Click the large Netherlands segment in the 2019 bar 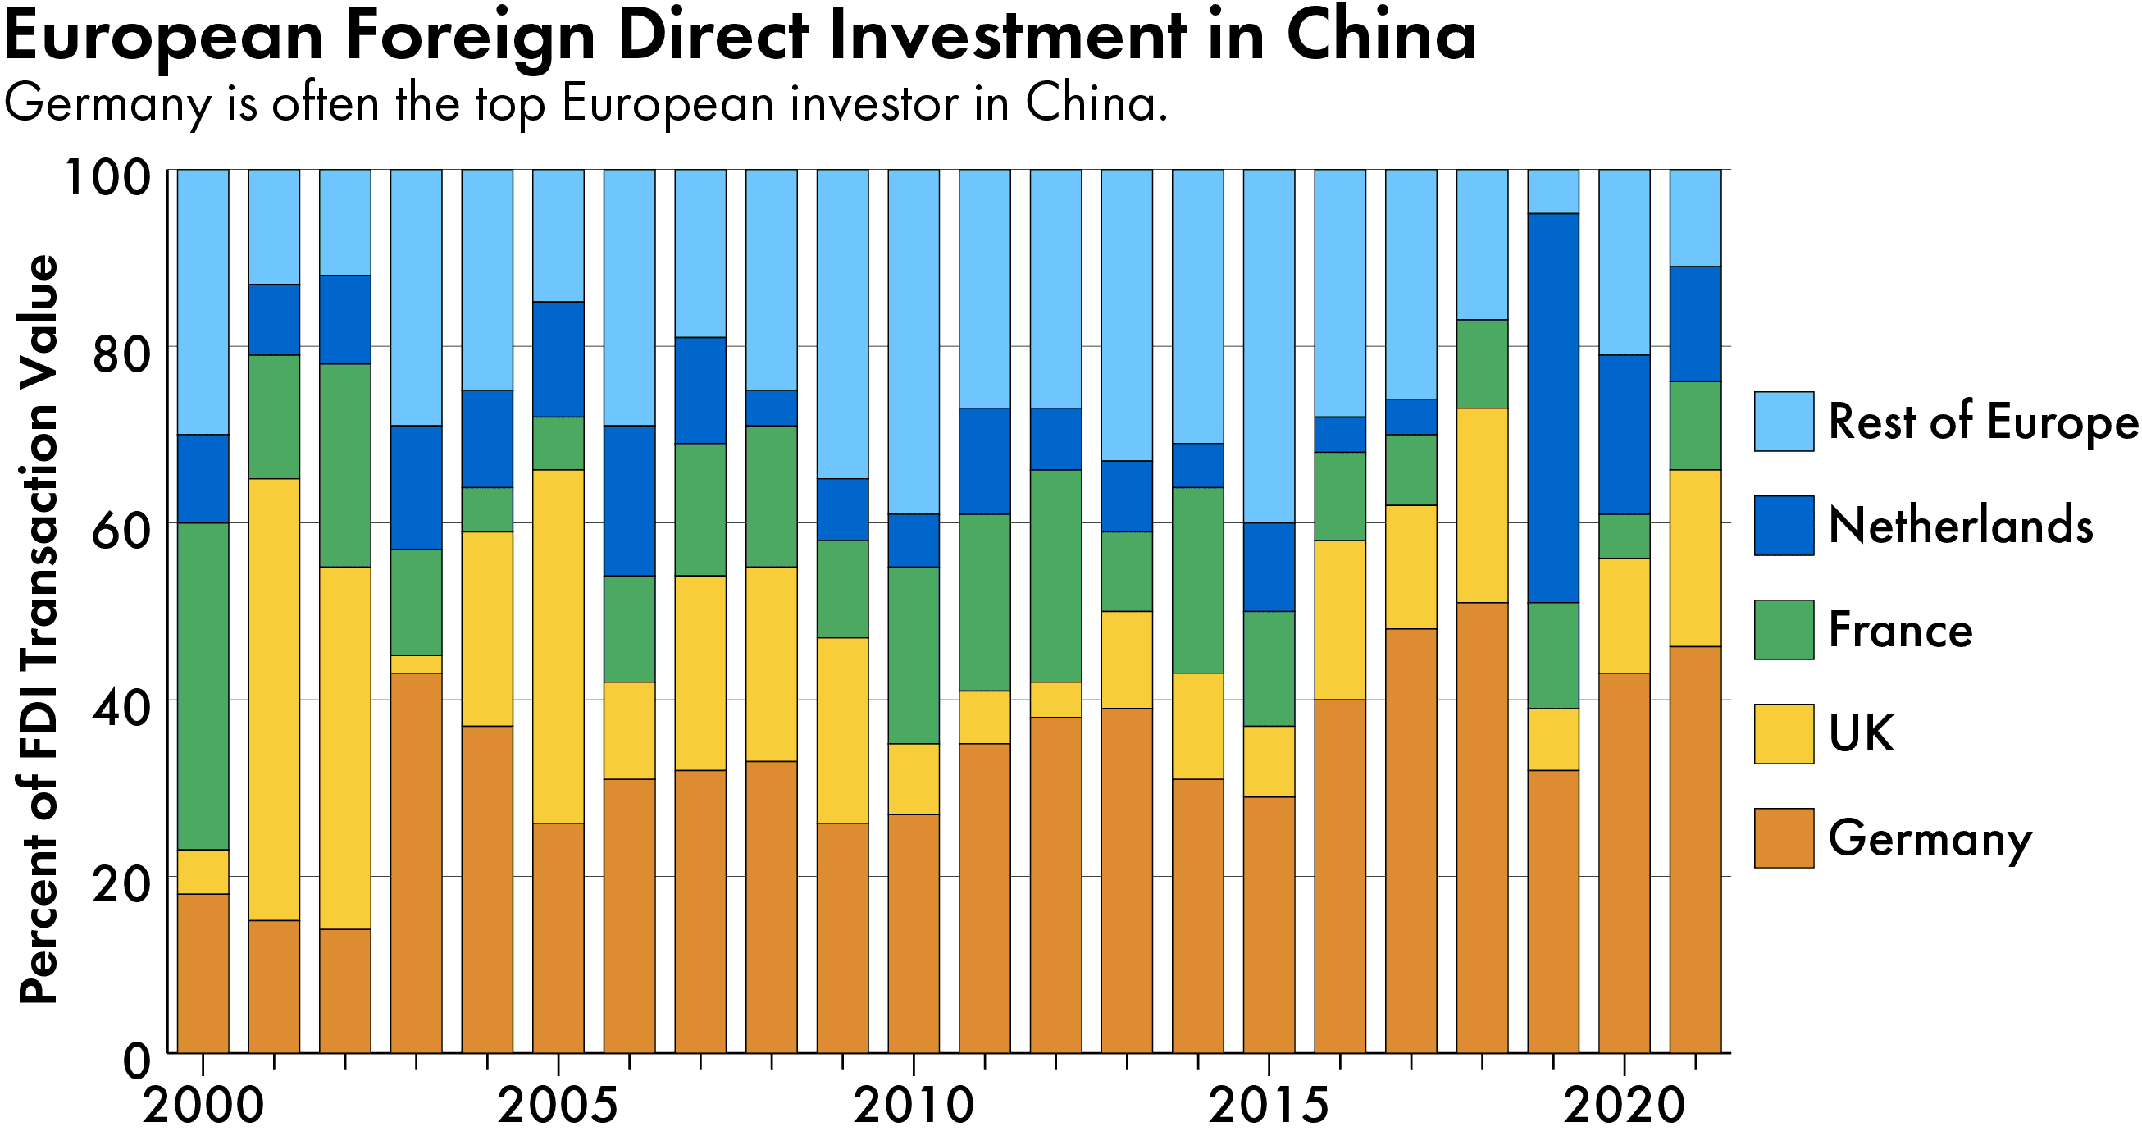pyautogui.click(x=1552, y=408)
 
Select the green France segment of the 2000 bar pyautogui.click(x=203, y=686)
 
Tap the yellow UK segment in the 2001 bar pyautogui.click(x=274, y=699)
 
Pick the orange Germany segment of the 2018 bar pyautogui.click(x=1482, y=828)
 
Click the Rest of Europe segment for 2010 pyautogui.click(x=913, y=341)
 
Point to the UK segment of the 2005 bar pyautogui.click(x=558, y=646)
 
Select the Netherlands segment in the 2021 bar pyautogui.click(x=1694, y=323)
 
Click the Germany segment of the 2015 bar pyautogui.click(x=1269, y=924)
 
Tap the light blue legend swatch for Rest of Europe pyautogui.click(x=1784, y=422)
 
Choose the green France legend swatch pyautogui.click(x=1784, y=629)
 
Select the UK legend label pyautogui.click(x=1861, y=733)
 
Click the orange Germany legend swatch pyautogui.click(x=1784, y=838)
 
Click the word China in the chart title pyautogui.click(x=1380, y=38)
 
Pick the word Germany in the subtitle pyautogui.click(x=108, y=104)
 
